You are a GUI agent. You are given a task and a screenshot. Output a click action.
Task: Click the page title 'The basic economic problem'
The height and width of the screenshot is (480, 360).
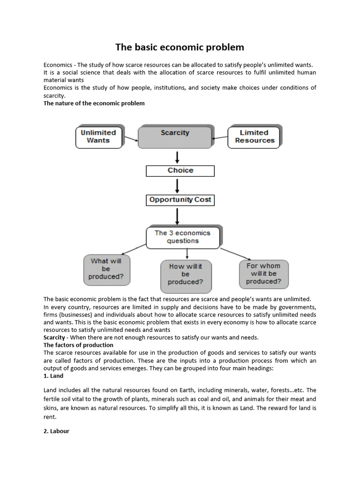180,47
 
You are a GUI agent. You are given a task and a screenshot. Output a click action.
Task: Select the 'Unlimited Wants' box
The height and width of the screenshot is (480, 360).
98,136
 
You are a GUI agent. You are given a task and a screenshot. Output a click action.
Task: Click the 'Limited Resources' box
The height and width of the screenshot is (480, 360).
254,136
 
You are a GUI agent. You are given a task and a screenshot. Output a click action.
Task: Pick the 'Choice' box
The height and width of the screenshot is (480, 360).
180,171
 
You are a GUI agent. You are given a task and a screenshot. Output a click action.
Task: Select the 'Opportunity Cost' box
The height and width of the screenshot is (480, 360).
180,200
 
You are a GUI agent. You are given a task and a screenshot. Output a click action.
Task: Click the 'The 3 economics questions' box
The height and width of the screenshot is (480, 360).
182,237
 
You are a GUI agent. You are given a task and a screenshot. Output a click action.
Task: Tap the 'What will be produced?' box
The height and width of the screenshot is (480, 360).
106,269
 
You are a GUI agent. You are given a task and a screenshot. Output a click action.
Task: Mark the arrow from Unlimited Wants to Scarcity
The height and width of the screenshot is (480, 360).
130,137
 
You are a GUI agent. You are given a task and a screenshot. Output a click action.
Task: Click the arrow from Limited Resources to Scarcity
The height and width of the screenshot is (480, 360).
220,138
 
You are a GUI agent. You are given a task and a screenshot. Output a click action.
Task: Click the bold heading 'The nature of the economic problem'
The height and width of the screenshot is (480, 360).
94,103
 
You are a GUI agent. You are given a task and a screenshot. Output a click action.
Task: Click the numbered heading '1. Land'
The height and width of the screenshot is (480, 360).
53,376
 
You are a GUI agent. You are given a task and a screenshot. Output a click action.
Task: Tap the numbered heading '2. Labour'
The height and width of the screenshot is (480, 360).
56,431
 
